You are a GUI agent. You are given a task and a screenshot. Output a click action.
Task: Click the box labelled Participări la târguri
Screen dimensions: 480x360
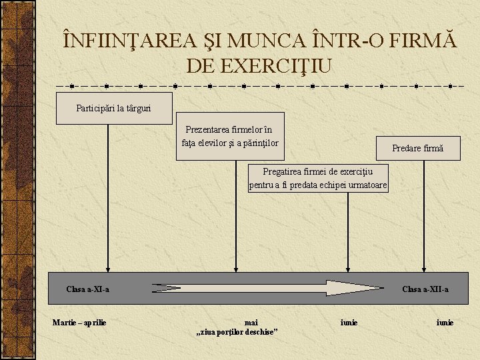click(x=114, y=108)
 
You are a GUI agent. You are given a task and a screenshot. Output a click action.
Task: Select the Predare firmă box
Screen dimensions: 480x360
click(x=417, y=148)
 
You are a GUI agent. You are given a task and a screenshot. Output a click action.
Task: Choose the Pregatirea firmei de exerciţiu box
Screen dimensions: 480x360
click(x=318, y=178)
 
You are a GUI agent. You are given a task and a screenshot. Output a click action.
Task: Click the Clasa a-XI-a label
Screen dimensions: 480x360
click(x=88, y=289)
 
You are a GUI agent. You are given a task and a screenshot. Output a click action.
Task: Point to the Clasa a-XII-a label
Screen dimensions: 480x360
click(x=425, y=289)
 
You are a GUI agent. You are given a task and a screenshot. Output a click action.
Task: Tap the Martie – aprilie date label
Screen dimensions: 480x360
click(x=79, y=323)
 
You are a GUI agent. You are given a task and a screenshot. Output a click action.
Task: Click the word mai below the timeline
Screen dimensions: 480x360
click(x=251, y=323)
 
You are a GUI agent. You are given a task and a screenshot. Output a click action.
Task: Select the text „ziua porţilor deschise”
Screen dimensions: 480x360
click(x=237, y=332)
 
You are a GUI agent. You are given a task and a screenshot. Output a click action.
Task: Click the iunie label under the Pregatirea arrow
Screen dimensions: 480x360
click(x=349, y=323)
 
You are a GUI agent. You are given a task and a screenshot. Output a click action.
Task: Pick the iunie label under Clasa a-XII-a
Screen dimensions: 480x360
click(x=445, y=323)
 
